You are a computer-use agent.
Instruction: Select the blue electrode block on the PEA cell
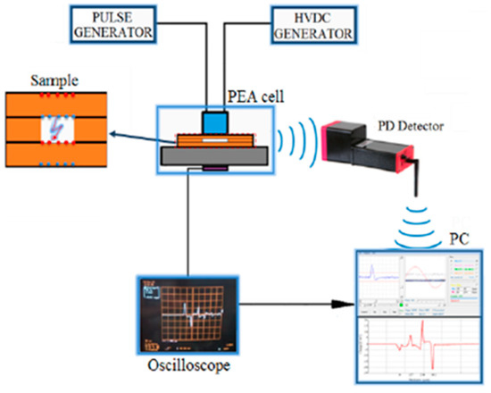click(x=214, y=121)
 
